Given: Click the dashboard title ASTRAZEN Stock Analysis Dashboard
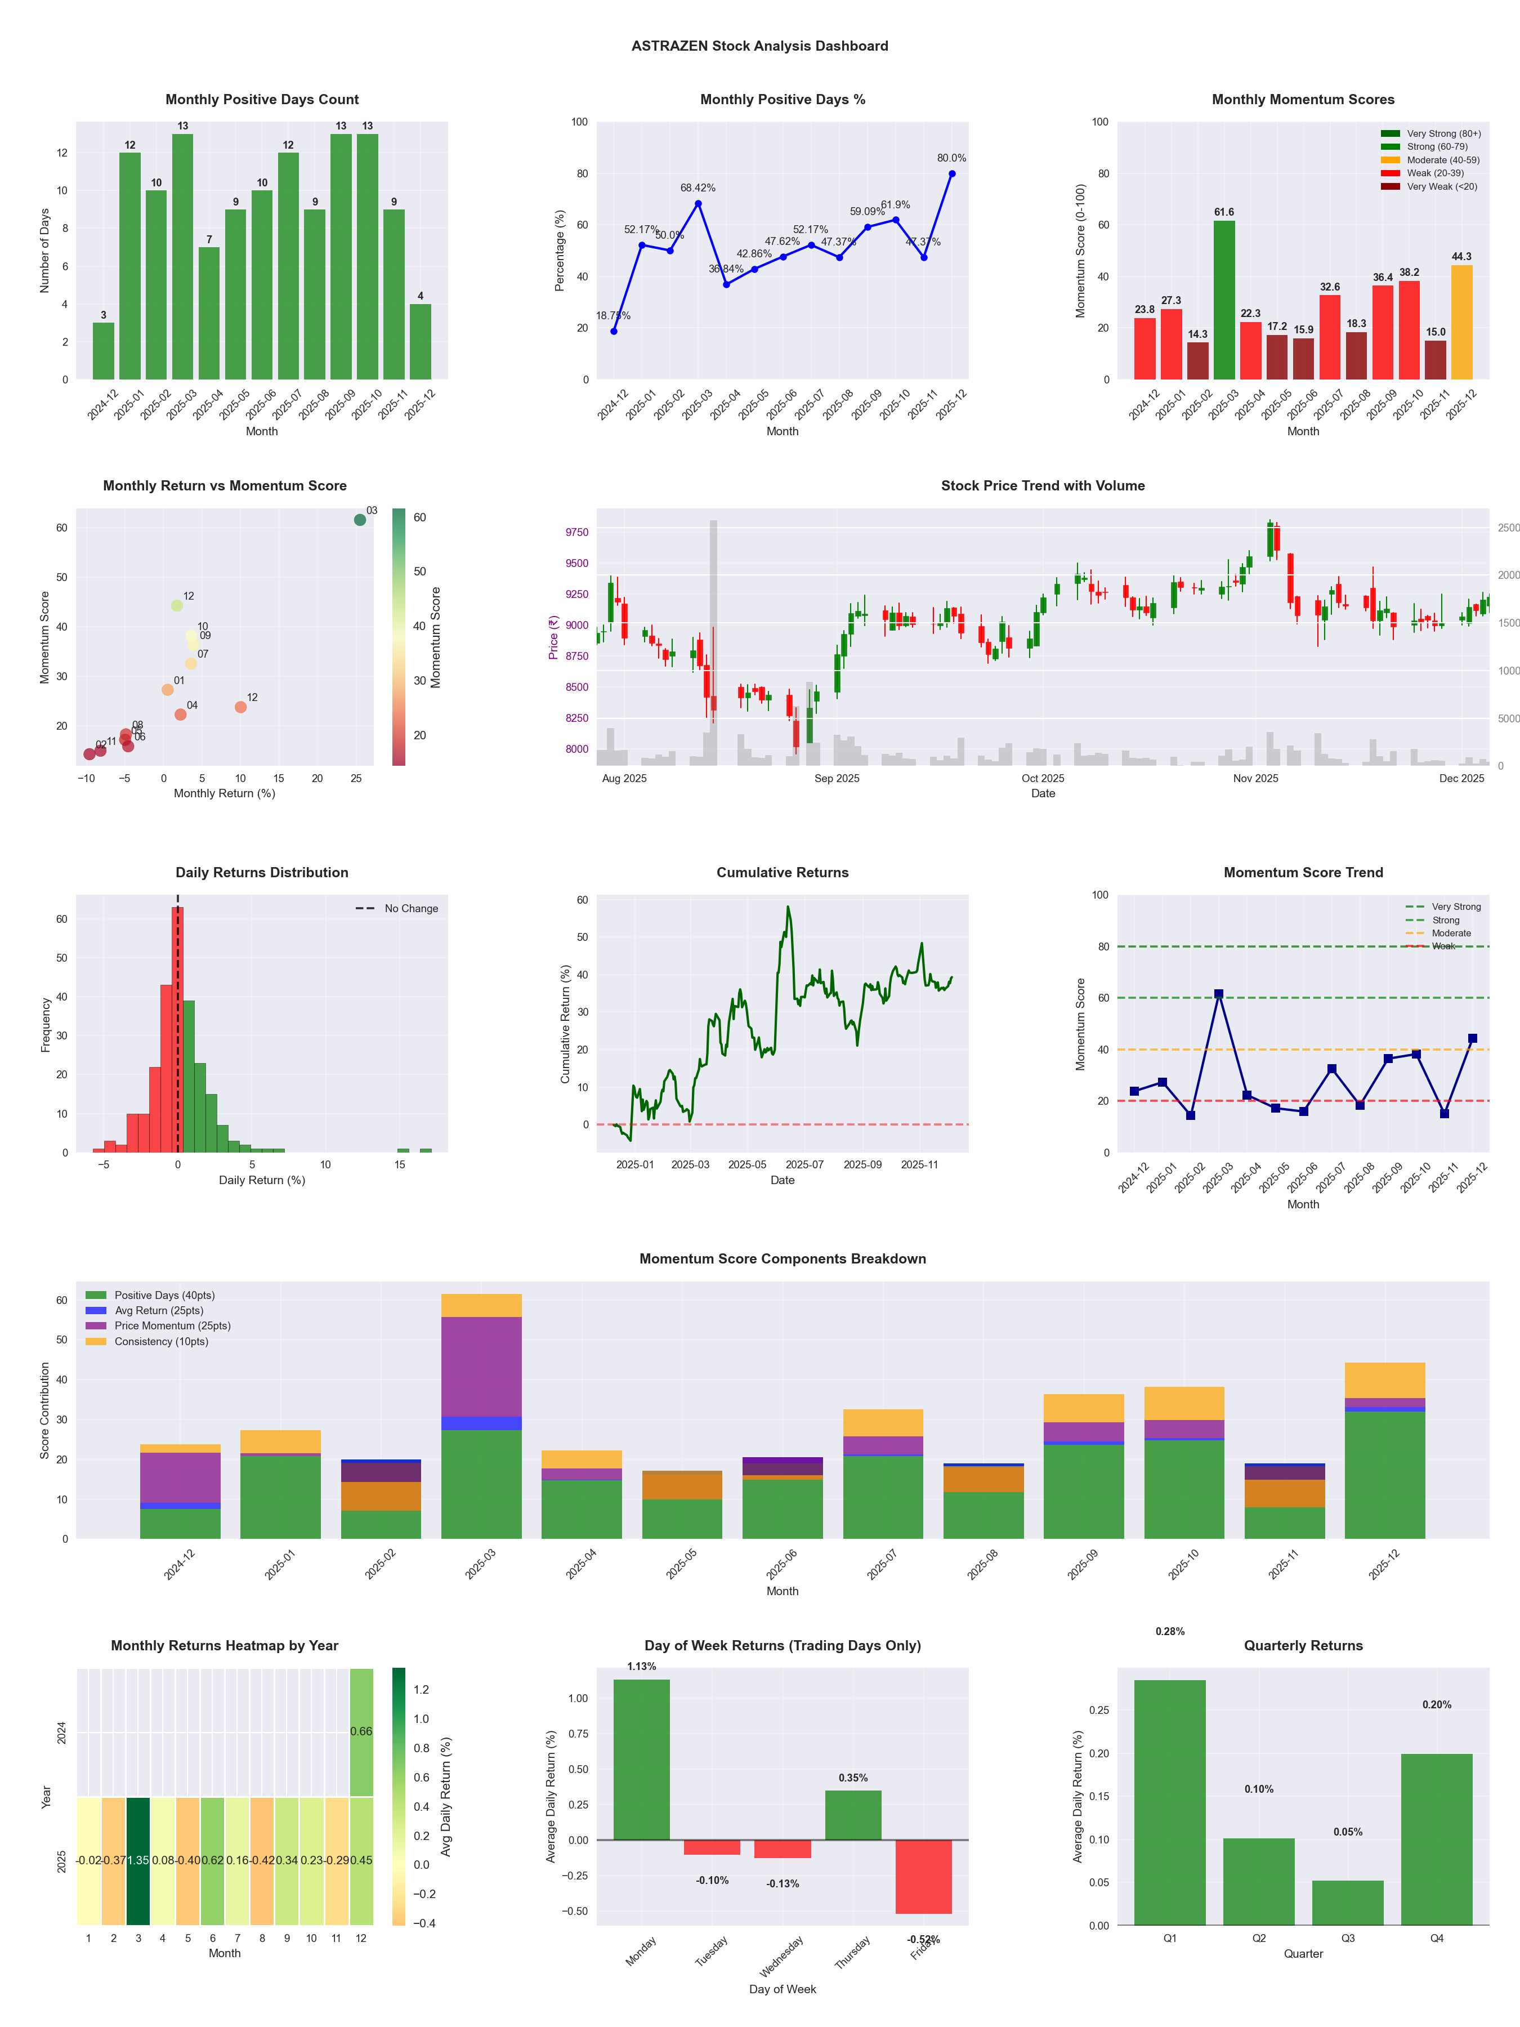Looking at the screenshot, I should (x=759, y=46).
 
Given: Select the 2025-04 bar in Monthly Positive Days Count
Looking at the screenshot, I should (x=209, y=314).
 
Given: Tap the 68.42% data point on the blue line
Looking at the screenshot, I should (x=698, y=203).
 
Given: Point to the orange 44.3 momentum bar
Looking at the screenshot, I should (x=1461, y=323).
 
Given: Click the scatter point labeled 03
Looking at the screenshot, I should (x=360, y=520).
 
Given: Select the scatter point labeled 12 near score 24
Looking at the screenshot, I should (x=240, y=707).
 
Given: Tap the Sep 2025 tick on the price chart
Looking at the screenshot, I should (x=837, y=778).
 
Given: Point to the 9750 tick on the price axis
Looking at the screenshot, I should (x=576, y=533).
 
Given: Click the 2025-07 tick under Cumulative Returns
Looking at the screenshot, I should (x=804, y=1165).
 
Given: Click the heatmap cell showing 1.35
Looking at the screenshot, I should (x=138, y=1860).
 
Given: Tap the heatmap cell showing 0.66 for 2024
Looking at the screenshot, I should (x=361, y=1731).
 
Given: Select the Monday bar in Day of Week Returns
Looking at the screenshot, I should (x=641, y=1760).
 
